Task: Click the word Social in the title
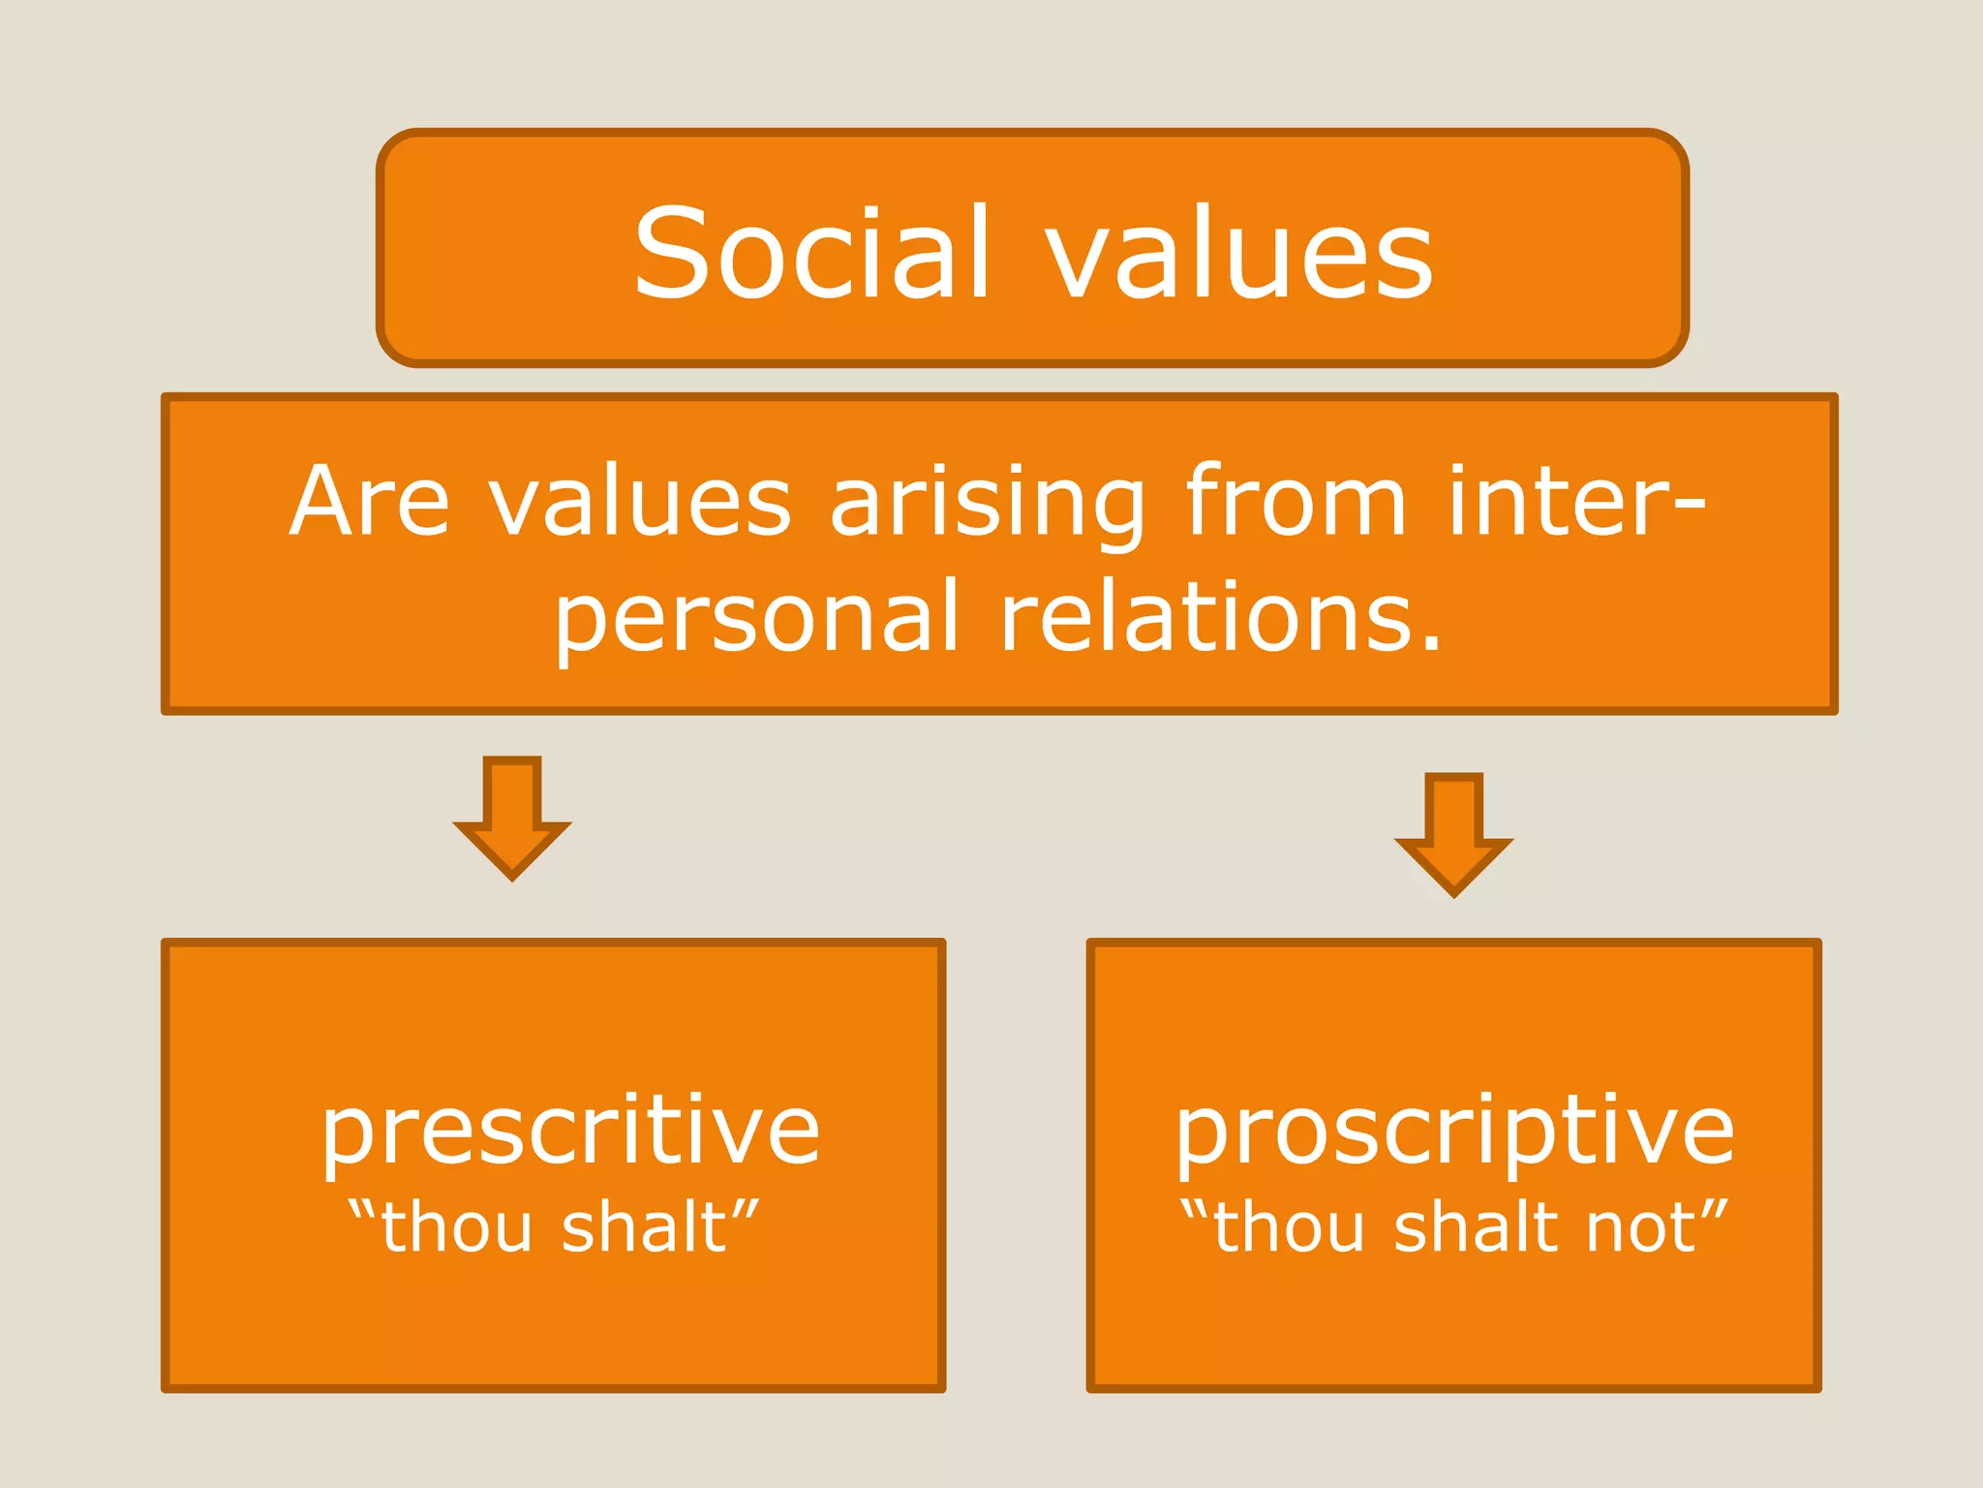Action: [811, 254]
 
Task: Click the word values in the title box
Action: [1238, 254]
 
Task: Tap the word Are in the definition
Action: [369, 502]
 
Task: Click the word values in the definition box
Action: [639, 502]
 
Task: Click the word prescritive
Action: [570, 1131]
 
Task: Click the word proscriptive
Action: [1453, 1131]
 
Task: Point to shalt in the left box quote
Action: [644, 1228]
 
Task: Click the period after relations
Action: [1430, 642]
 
